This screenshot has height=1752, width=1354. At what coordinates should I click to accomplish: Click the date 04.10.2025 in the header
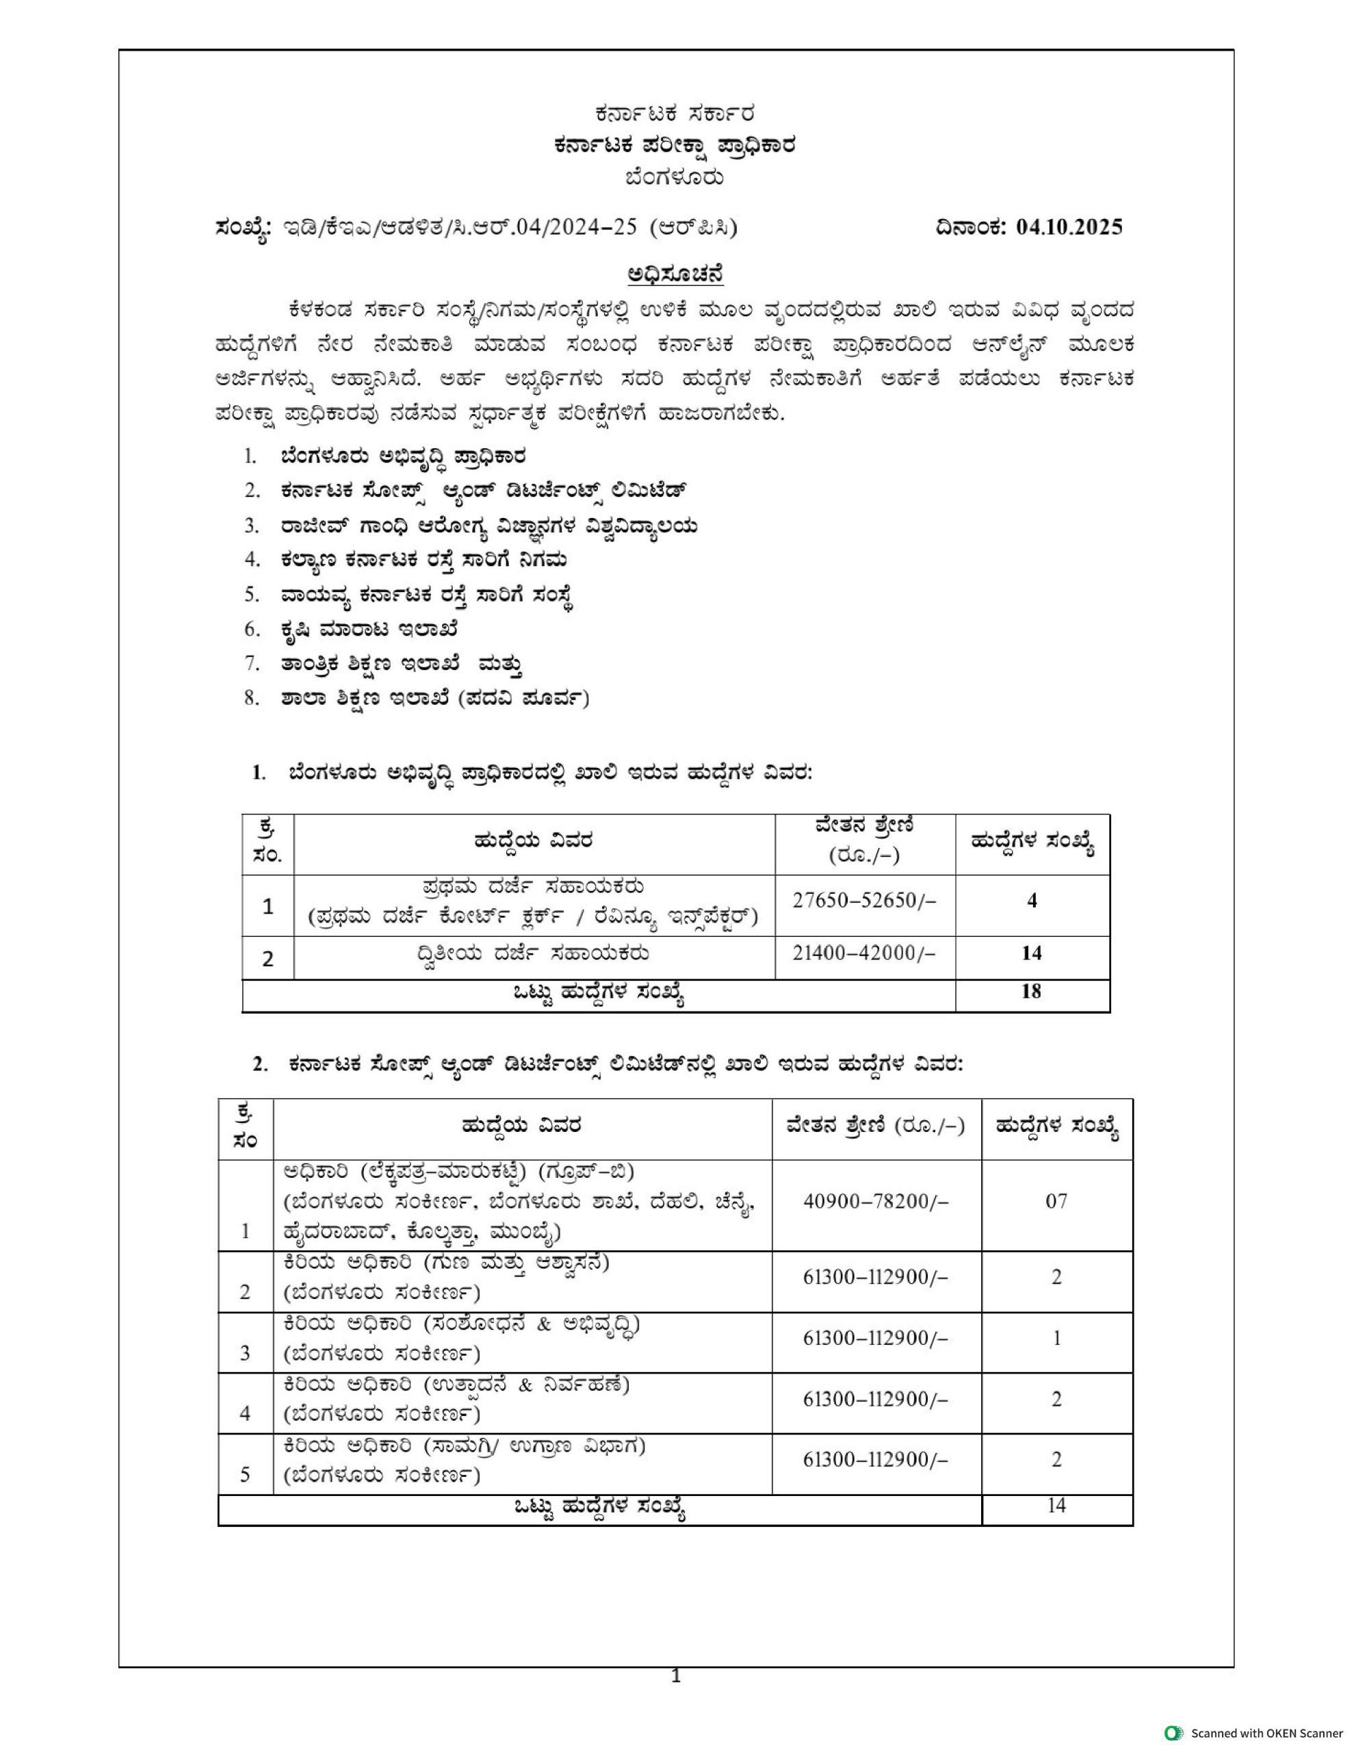(1069, 227)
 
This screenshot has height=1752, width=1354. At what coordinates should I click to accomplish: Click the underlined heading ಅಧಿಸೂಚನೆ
(675, 274)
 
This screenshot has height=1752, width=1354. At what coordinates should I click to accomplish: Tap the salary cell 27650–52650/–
(864, 901)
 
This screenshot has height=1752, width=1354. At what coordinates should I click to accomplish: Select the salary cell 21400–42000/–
(864, 953)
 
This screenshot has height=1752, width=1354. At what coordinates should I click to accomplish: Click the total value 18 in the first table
(1031, 992)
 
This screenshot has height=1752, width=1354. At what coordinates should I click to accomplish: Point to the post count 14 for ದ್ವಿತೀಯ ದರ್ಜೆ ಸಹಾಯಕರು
(1031, 953)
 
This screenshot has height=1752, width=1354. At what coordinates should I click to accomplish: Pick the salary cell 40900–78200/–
(875, 1201)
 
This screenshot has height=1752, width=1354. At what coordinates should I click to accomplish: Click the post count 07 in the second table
(1056, 1201)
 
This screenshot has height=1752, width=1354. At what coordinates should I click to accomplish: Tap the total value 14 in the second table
(1056, 1506)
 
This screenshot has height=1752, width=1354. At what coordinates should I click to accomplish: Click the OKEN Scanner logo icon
(1173, 1733)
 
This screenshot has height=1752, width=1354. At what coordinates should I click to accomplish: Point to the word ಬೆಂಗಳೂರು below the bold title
(675, 177)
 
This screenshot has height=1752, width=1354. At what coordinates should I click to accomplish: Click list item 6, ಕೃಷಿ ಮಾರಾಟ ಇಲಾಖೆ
(369, 630)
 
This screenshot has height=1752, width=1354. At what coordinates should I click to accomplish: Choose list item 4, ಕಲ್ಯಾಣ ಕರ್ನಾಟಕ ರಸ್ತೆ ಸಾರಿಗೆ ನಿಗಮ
(424, 560)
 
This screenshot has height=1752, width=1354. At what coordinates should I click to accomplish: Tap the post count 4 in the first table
(1032, 901)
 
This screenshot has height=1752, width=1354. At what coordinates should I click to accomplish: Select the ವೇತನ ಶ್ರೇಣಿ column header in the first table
(864, 840)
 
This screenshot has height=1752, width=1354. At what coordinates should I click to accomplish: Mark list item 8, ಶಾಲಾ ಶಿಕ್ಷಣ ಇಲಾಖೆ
(434, 699)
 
